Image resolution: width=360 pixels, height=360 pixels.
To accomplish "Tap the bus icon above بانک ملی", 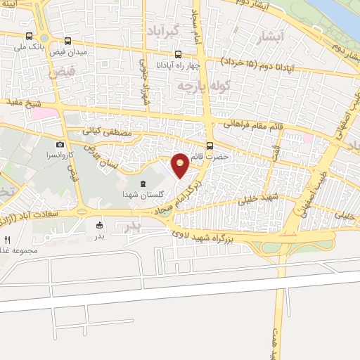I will click(x=29, y=37).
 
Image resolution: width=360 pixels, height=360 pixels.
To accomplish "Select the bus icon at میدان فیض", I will click(x=67, y=41).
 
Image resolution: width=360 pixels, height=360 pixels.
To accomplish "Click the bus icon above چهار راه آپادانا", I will click(x=179, y=54).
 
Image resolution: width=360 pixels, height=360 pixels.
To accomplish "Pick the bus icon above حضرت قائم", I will click(x=210, y=146).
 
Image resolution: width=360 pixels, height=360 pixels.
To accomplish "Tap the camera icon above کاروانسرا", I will click(x=60, y=144).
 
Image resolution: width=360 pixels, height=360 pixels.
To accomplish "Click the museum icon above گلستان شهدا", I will click(x=143, y=184).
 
